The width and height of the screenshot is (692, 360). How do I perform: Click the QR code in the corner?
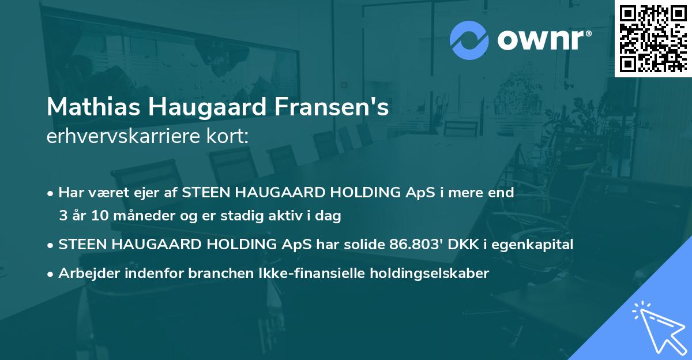tap(653, 38)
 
